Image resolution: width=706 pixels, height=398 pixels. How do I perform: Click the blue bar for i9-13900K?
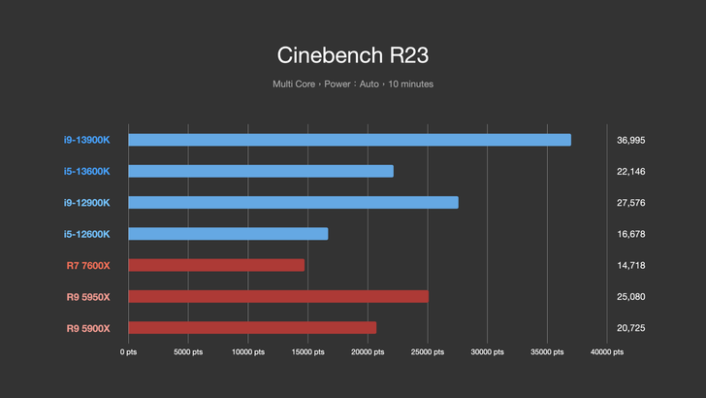pos(349,140)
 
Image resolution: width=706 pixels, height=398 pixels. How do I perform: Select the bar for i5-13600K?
pos(260,171)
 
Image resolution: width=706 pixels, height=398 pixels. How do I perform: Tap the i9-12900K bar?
pos(293,202)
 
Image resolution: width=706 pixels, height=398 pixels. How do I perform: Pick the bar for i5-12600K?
pos(228,234)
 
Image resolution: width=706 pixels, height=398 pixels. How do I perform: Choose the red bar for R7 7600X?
pos(216,265)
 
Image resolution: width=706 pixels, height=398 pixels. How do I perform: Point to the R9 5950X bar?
pos(278,296)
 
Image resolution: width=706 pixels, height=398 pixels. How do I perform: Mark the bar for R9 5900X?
pos(252,328)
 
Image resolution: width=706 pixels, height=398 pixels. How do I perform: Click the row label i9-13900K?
pos(87,140)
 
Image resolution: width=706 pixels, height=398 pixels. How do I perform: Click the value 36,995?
pos(630,140)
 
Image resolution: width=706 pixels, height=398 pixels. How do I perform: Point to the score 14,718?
pos(630,265)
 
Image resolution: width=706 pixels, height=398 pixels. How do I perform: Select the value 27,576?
pos(630,203)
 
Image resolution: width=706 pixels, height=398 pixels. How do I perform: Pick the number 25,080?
pos(630,297)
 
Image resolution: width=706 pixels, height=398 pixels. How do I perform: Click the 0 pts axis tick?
pos(129,352)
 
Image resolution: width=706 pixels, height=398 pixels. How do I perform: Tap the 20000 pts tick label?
pos(369,352)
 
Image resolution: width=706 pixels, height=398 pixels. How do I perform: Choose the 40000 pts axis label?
pos(607,352)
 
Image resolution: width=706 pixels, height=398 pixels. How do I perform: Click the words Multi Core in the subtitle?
pos(295,84)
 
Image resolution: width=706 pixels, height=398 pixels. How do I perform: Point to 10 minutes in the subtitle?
pos(410,84)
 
